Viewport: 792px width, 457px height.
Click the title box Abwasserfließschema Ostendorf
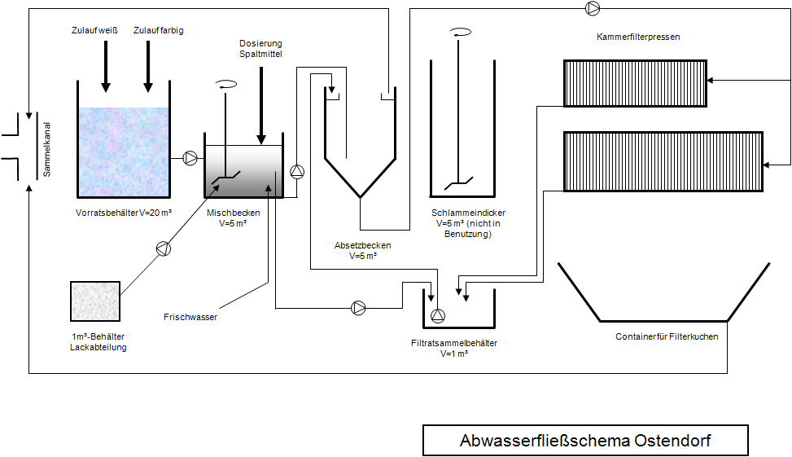(x=584, y=441)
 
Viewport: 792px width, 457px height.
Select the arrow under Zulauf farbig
(x=147, y=65)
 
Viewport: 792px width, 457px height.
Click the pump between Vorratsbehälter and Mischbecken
(x=190, y=157)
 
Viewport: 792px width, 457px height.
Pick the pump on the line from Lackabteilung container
(x=163, y=248)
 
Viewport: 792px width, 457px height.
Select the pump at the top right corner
(x=593, y=8)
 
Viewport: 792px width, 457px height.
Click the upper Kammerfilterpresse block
(x=635, y=83)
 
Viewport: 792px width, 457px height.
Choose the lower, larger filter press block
(x=663, y=161)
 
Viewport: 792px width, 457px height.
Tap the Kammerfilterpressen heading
(x=637, y=37)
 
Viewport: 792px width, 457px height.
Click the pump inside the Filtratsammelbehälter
(x=438, y=315)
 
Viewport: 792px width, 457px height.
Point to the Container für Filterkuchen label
(x=667, y=336)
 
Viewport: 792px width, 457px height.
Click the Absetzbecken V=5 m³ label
(x=363, y=250)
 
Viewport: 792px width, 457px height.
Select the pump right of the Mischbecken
(x=297, y=171)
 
